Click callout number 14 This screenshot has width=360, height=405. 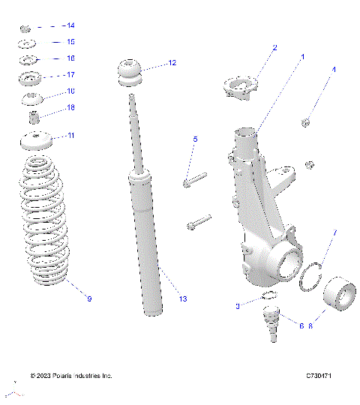(70, 26)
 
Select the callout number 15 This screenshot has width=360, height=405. (70, 42)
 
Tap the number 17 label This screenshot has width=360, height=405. (70, 75)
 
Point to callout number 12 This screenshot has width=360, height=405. (172, 63)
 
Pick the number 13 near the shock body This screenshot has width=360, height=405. (182, 299)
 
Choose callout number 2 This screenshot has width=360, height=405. (274, 47)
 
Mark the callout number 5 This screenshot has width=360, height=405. (195, 139)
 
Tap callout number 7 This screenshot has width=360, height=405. (334, 232)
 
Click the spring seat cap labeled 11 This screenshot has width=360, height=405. (33, 139)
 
